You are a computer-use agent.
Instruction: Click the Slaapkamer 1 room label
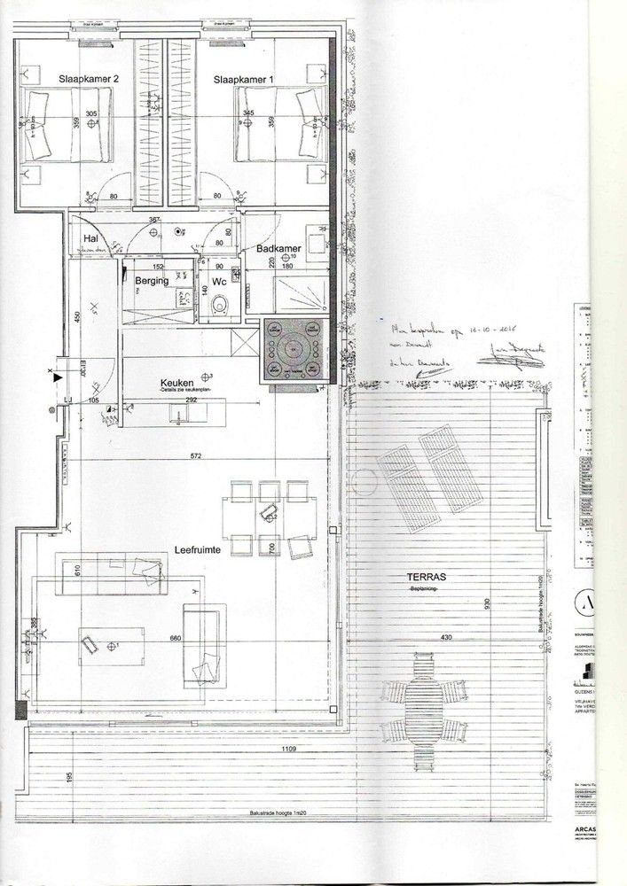pos(244,80)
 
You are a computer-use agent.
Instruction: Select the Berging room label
pos(152,281)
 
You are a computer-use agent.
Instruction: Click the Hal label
pos(90,239)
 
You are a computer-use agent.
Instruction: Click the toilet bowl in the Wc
pos(221,306)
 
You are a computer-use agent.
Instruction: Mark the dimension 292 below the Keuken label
pos(192,400)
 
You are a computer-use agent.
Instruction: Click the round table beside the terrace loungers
pos(362,483)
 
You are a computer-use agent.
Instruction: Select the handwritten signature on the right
pos(502,356)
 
